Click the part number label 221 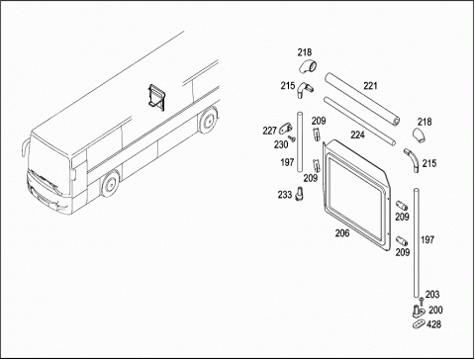point(370,86)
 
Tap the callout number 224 point(357,135)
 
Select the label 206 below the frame point(342,233)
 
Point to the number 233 point(285,195)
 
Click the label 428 point(433,324)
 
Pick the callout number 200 point(435,310)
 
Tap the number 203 point(432,294)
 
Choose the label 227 point(269,131)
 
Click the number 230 point(281,144)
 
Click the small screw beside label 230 point(291,138)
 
